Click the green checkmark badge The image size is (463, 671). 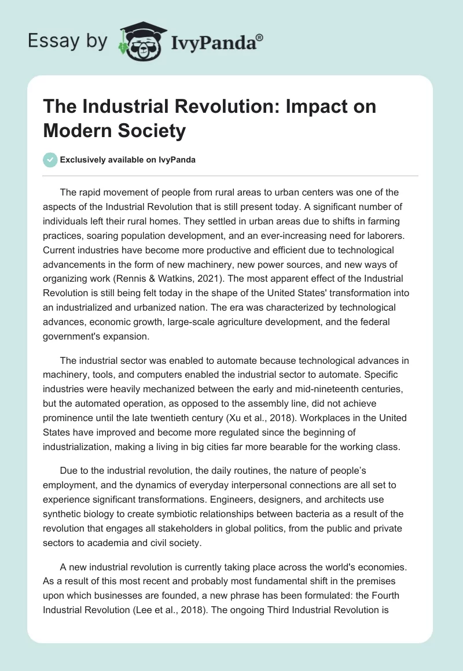point(50,160)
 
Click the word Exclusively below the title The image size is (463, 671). point(83,160)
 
